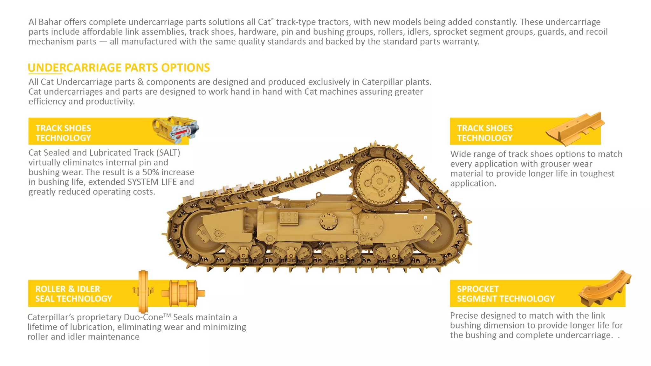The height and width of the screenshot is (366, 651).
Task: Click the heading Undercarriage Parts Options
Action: [x=119, y=68]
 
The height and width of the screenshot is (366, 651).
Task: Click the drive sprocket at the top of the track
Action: [x=379, y=181]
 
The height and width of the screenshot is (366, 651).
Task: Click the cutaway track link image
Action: [x=176, y=130]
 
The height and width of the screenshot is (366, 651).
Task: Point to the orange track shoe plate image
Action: [x=575, y=128]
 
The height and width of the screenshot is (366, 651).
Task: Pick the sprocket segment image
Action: [x=605, y=289]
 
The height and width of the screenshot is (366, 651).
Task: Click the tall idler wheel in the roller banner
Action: [x=143, y=291]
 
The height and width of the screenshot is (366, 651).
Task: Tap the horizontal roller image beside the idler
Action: [x=183, y=293]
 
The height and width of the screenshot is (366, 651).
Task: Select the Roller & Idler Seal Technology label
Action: [x=74, y=294]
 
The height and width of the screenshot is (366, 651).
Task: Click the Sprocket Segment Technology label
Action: [x=506, y=294]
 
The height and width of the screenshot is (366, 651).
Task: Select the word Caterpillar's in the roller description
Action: [x=51, y=317]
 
